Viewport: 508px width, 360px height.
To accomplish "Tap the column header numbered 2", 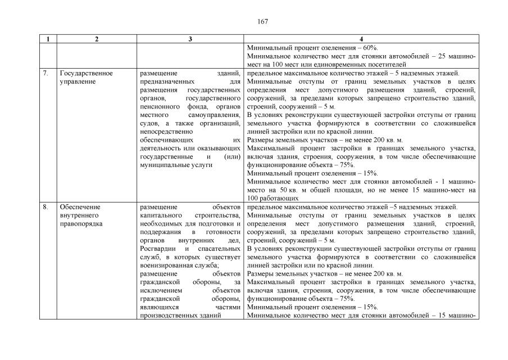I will coord(97,39).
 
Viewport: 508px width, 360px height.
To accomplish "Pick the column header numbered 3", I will coord(190,39).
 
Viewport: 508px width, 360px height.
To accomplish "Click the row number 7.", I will coord(46,73).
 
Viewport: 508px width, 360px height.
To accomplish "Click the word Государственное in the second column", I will coord(86,73).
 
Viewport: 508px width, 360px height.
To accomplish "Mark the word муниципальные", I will coord(166,165).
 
